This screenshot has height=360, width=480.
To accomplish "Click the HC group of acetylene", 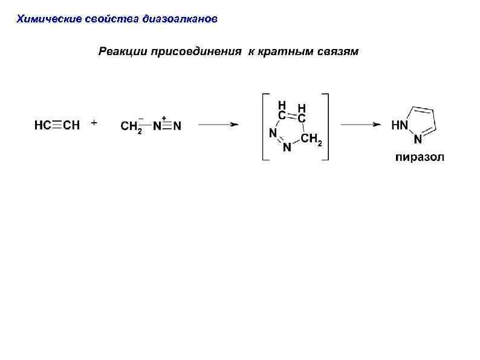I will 42,126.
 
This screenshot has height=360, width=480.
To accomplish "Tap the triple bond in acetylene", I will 57,126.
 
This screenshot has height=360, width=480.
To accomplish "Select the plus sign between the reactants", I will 94,122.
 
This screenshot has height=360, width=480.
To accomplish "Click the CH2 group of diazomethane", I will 131,127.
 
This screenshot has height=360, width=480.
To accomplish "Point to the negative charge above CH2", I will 141,117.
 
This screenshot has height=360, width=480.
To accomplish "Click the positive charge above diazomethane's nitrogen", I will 164,117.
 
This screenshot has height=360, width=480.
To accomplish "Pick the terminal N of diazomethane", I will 177,126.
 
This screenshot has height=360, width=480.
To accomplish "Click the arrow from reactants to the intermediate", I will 218,124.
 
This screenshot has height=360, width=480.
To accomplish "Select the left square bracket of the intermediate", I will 264,126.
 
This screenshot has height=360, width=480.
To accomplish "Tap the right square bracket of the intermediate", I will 326,126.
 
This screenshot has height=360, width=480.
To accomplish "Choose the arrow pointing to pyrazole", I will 360,124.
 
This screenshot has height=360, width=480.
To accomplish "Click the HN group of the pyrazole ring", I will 400,125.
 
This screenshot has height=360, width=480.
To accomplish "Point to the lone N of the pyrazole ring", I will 418,140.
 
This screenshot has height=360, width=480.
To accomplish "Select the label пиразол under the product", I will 420,158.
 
